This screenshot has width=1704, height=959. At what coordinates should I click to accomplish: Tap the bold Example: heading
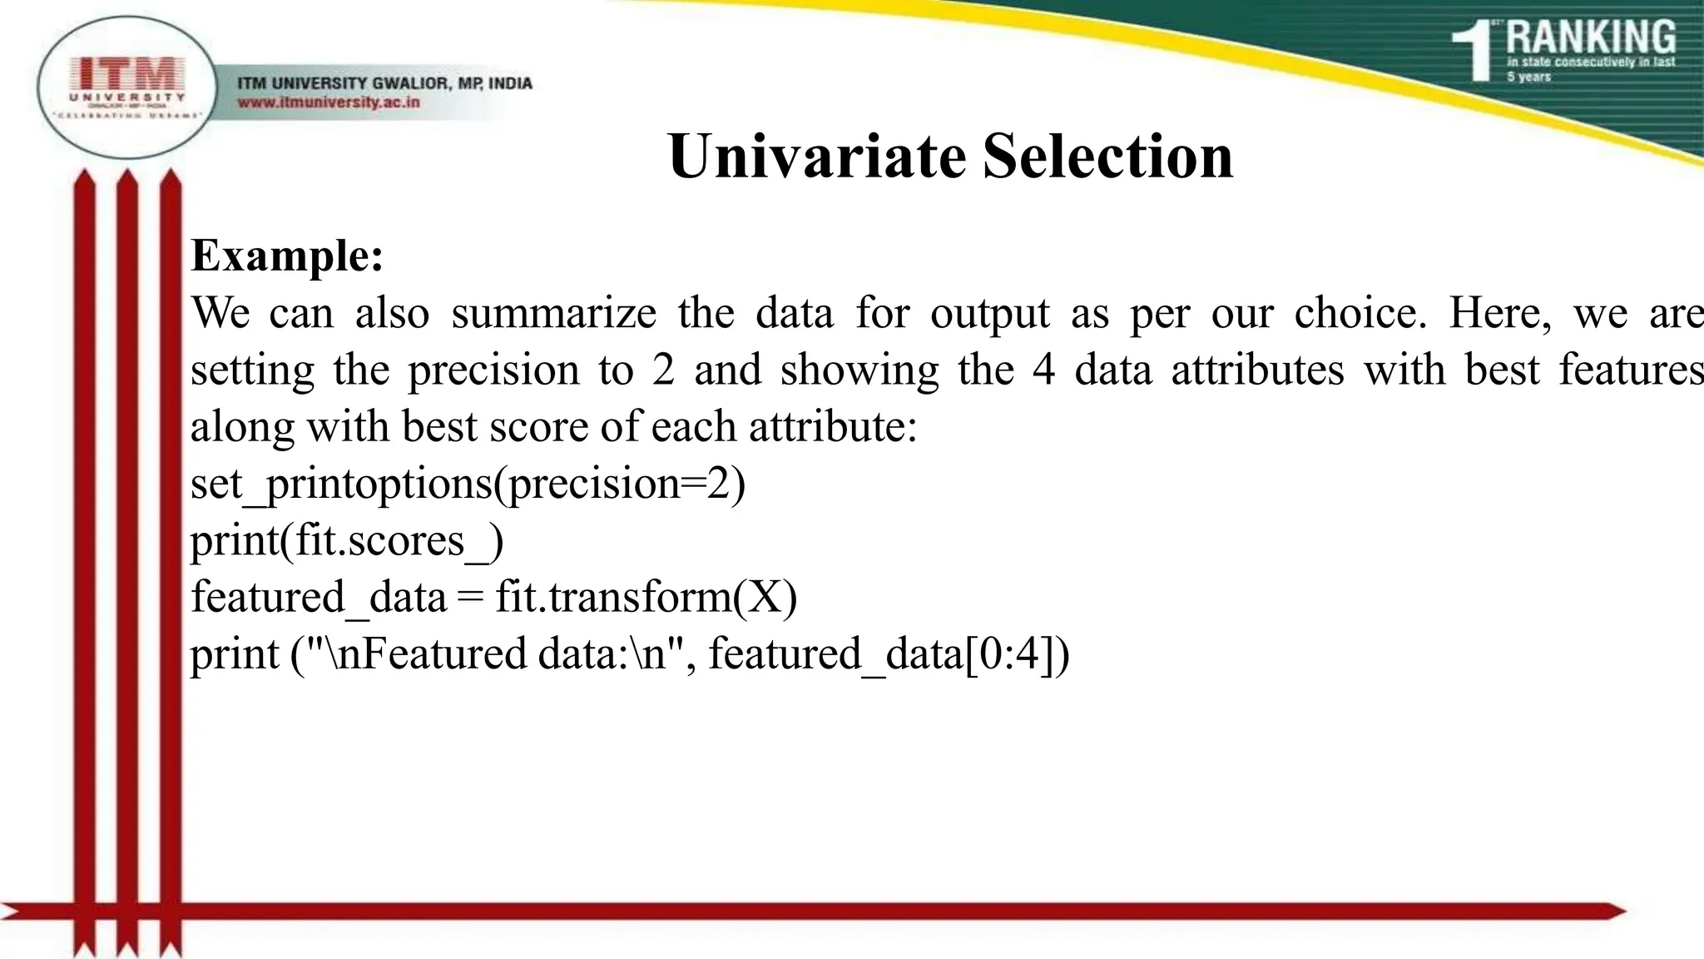[287, 256]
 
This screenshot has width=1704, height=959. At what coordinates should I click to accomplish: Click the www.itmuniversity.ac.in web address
[329, 102]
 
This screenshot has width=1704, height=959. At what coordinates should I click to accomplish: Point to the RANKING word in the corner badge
[1590, 37]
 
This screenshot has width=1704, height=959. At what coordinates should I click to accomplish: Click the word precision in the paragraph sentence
[493, 370]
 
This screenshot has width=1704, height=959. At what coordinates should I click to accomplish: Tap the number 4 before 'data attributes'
[1043, 370]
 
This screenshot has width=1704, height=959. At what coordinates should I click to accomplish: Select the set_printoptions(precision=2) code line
[468, 484]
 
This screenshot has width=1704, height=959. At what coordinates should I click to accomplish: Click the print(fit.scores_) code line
[347, 540]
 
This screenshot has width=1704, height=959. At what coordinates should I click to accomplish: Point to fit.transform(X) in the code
[646, 597]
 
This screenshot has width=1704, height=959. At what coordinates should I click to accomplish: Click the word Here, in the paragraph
[1499, 314]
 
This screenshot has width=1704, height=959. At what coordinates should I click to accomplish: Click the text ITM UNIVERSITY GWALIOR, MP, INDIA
[384, 83]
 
